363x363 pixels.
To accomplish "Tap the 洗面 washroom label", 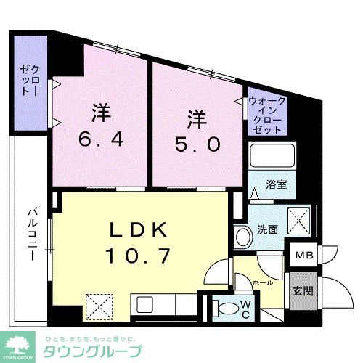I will [x=267, y=229].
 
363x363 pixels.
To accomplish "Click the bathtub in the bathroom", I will [x=271, y=155].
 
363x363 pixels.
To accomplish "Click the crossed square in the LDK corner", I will [x=98, y=305].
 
